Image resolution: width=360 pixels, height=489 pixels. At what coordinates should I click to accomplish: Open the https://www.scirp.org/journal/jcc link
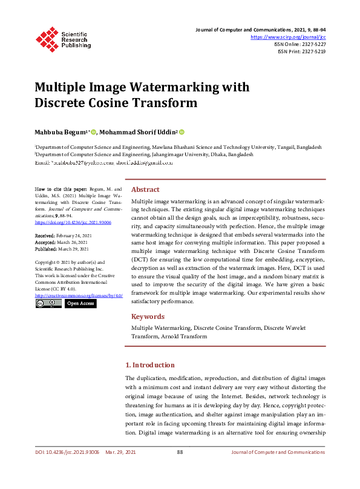coord(288,37)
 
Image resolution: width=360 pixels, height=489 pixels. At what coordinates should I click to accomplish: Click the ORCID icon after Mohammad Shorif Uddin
coord(182,132)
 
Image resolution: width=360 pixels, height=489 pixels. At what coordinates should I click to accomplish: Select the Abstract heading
coord(145,189)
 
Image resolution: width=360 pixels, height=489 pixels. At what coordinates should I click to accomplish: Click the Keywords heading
coord(148,317)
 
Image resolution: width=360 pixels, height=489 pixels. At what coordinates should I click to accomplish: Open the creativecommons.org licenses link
coord(79,295)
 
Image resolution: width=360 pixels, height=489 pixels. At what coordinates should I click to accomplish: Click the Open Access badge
coord(80,303)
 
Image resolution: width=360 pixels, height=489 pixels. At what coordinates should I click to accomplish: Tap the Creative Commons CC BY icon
coord(48,303)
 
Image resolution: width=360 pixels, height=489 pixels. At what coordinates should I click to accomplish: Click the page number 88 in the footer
coord(180,452)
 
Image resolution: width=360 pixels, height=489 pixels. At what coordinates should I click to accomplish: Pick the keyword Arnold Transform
coord(183,336)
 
